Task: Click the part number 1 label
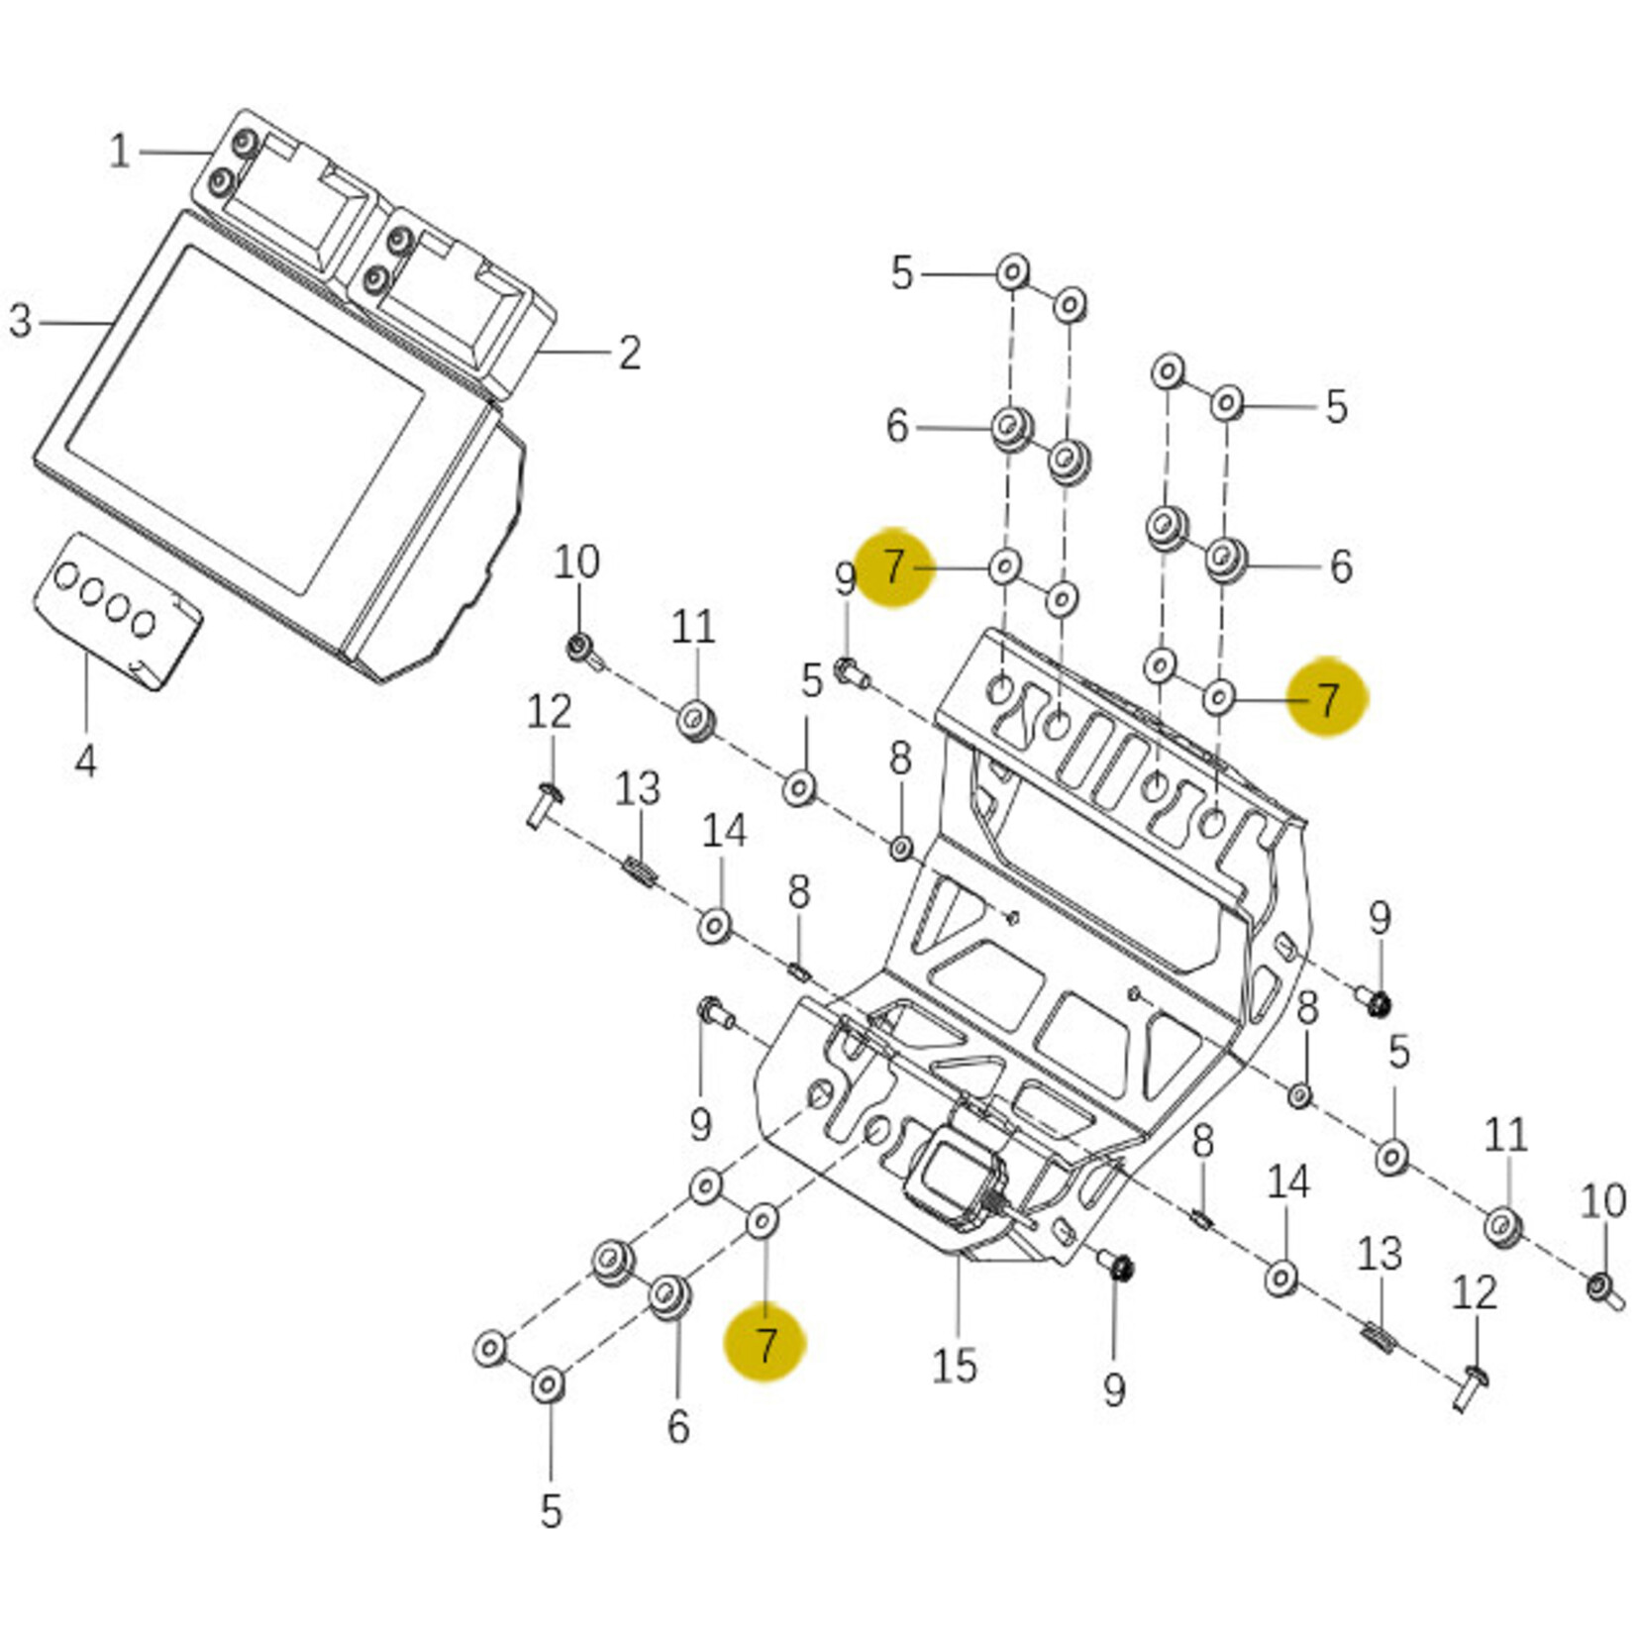coord(120,152)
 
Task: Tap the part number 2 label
coord(630,353)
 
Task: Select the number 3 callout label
coord(20,321)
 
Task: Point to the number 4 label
coord(85,761)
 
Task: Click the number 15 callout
coord(954,1366)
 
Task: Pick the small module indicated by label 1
coord(287,197)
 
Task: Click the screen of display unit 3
coord(248,416)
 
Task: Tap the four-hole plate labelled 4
coord(117,609)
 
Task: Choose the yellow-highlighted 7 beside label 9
coord(893,567)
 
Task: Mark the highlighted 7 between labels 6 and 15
coord(765,1344)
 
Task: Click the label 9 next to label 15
coord(1114,1389)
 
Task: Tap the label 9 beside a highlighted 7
coord(844,579)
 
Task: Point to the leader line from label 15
coord(958,1297)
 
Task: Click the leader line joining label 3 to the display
coord(74,322)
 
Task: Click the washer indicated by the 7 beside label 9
coord(1004,566)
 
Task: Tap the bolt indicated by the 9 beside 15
coord(1117,1267)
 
